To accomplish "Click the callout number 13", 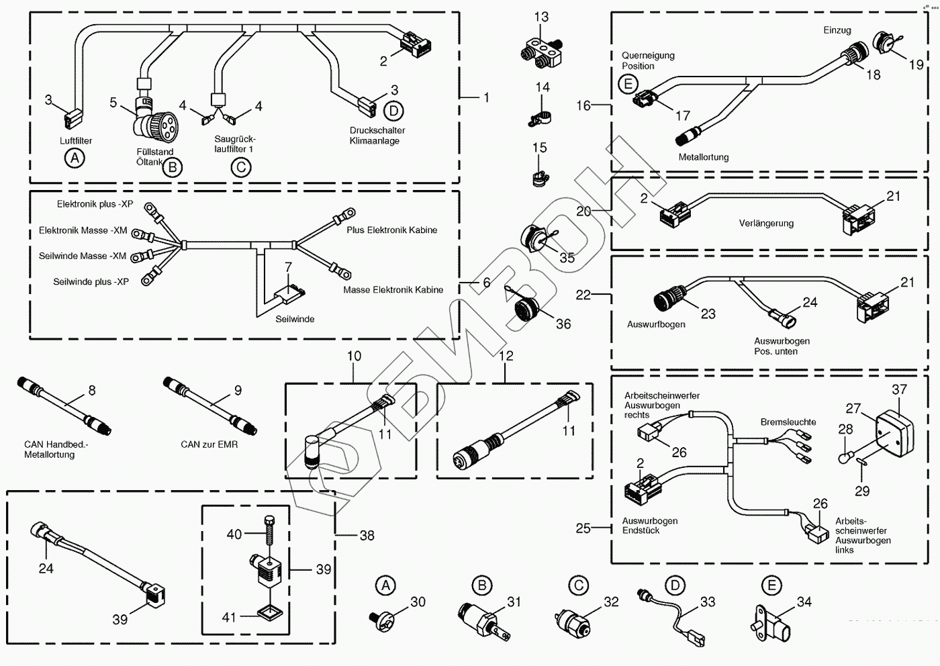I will coord(541,17).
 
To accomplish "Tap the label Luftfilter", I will coord(76,141).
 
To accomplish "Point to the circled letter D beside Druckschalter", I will coord(394,111).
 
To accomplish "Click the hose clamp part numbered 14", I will coord(538,118).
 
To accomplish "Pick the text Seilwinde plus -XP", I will coord(91,282).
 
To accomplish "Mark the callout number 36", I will coord(563,324).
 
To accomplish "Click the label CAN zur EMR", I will coord(209,444).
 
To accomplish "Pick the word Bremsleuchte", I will coord(788,422).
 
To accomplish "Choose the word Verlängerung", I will coord(766,224).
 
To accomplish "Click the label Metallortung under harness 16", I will coord(703,157).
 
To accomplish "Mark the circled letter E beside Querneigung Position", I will coord(628,84).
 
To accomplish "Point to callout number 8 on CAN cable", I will coord(92,390).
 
